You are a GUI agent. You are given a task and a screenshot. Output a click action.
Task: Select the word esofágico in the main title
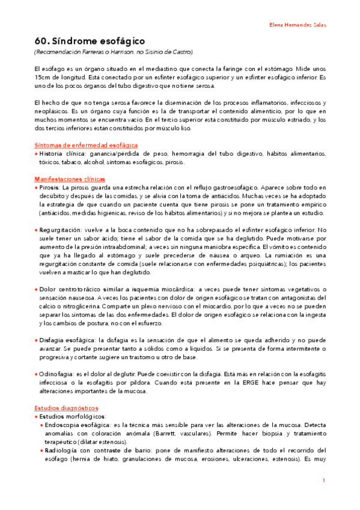(123, 41)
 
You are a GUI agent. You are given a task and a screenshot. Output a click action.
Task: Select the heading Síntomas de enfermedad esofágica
(86, 145)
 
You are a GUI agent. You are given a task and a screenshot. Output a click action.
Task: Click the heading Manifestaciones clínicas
(70, 179)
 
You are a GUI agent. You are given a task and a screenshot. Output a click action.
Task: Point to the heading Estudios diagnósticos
(66, 407)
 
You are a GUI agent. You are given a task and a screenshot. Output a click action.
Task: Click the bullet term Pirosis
(49, 188)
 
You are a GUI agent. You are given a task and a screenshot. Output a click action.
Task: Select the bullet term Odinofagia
(56, 373)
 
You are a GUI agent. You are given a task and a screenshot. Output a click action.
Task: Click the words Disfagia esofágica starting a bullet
(66, 340)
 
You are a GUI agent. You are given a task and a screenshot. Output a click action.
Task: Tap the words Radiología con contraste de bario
(97, 450)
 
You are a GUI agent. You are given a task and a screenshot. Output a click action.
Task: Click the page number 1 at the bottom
(323, 481)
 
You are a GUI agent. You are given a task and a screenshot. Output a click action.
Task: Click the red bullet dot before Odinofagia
(36, 373)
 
